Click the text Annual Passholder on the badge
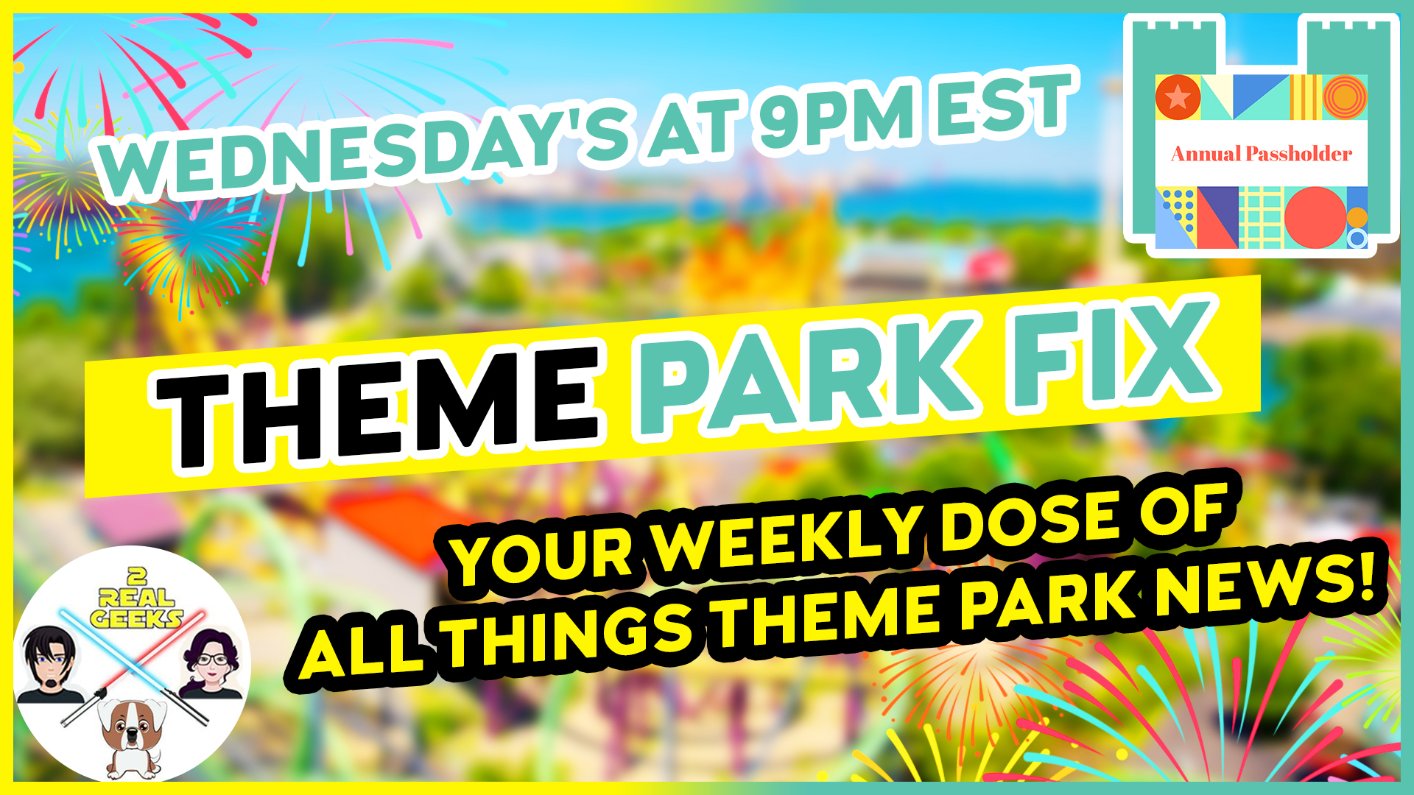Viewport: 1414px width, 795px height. [x=1261, y=154]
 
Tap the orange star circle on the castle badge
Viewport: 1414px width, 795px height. [x=1178, y=97]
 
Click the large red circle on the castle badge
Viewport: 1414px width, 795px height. [x=1315, y=217]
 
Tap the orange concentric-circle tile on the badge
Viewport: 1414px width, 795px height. [x=1346, y=97]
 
